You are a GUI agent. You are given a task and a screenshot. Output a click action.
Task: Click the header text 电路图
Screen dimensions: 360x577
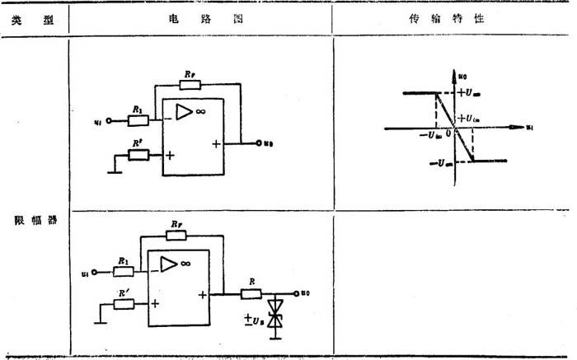pos(201,21)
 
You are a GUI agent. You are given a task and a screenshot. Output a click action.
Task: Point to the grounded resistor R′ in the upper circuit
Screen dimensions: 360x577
pos(139,154)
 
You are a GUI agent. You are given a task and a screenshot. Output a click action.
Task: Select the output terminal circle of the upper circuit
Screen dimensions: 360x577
pos(257,143)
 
